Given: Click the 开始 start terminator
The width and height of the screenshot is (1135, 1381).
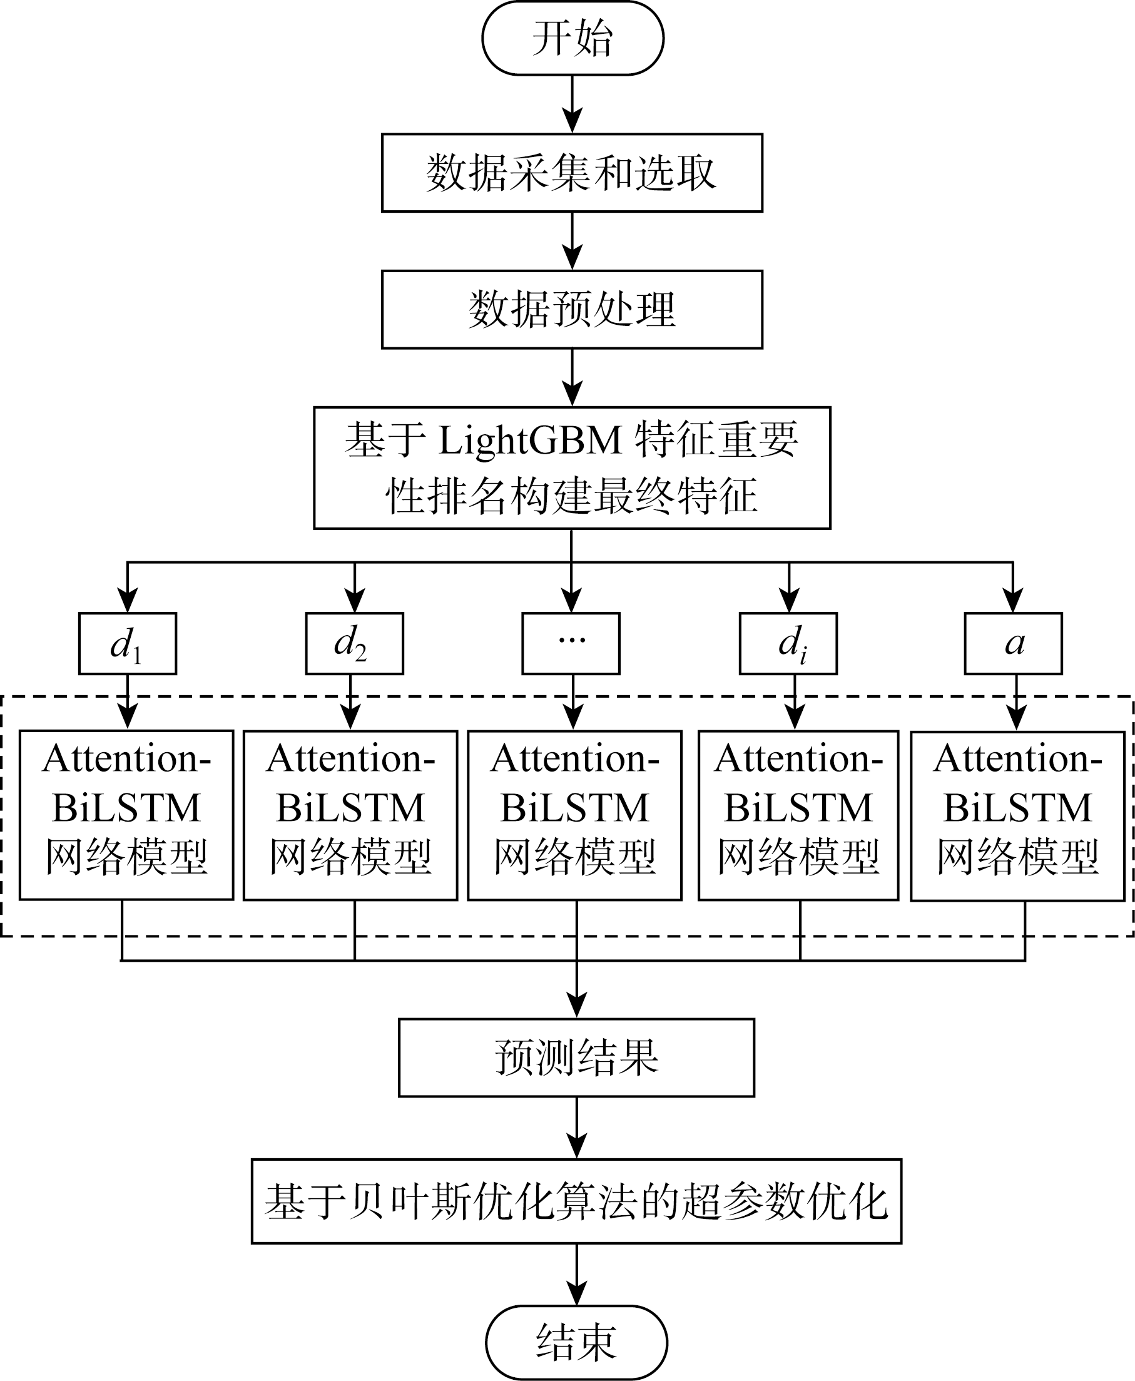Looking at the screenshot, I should (x=572, y=38).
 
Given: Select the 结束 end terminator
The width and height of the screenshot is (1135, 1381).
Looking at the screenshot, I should (x=576, y=1342).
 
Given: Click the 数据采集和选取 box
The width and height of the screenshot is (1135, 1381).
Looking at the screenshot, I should (x=572, y=173).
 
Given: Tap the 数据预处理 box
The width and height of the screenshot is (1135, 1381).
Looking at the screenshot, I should (x=572, y=309).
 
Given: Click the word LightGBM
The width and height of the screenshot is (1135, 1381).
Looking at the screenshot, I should (x=529, y=439).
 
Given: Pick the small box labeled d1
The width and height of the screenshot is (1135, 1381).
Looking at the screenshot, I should (x=128, y=643).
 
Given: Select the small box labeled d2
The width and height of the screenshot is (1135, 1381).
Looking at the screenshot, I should (x=354, y=643).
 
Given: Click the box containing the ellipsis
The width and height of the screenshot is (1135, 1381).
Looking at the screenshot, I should (x=571, y=643).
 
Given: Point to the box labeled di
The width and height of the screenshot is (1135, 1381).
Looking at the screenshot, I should (x=788, y=643).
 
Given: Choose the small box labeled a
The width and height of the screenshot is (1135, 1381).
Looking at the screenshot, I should (x=1014, y=643).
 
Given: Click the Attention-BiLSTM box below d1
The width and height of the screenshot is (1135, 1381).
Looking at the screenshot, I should (x=126, y=815).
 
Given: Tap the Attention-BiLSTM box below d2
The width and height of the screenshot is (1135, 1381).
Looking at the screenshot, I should (x=350, y=815).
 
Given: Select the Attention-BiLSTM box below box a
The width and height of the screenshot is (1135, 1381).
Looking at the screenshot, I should (x=1018, y=815).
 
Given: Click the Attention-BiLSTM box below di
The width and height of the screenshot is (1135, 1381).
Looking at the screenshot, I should (x=798, y=815).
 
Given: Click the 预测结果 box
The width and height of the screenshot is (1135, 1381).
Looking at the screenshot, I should (x=577, y=1057).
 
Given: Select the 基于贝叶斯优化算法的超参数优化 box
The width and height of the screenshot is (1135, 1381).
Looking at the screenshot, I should (x=577, y=1201).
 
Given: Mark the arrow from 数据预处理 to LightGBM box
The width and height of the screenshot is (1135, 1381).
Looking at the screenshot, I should (x=572, y=377).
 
